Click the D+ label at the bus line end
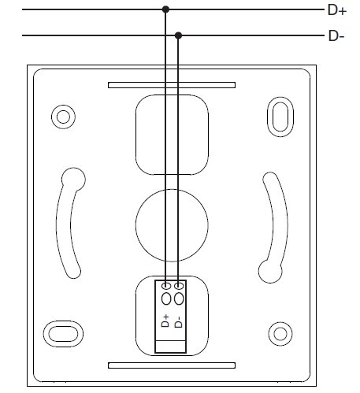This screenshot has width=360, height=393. coord(337,10)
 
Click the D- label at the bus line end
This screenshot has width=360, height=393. coord(336,35)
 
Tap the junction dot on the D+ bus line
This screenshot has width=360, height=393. coord(165,9)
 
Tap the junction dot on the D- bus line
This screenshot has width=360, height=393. coord(178,35)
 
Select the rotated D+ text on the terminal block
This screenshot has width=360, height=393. coord(165,321)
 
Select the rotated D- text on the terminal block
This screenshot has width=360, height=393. coord(178,322)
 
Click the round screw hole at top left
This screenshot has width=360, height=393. coord(63,117)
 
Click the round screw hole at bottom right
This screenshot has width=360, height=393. coord(280,334)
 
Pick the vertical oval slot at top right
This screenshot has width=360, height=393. coord(280,117)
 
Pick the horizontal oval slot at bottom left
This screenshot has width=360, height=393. coord(63,334)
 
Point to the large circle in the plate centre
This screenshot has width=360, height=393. coord(172,225)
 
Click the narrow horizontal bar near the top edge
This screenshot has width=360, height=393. coord(172,85)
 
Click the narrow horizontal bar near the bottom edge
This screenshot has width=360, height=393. coord(172,365)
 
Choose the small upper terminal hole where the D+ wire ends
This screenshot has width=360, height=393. coord(166,286)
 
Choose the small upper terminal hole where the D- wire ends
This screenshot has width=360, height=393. coord(179,286)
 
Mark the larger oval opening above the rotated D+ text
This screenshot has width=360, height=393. coord(166,298)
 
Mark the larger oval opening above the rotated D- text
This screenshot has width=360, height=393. coord(179,298)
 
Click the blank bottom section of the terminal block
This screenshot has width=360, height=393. coord(171,347)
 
